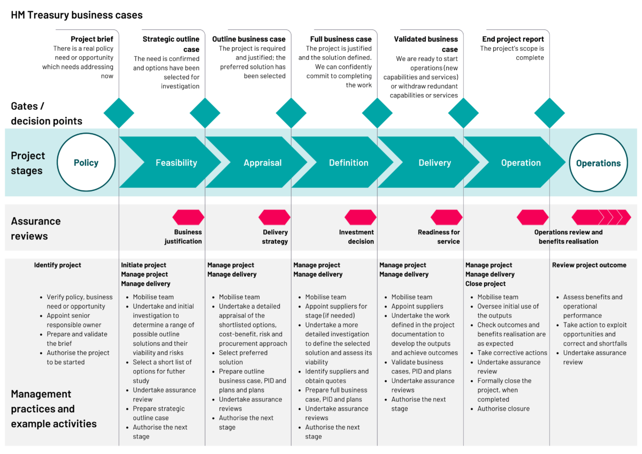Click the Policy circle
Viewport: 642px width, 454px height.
(86, 163)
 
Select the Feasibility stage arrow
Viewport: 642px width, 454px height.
(176, 163)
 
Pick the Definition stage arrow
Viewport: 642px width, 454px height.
(348, 163)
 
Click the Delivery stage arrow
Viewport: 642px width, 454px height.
(434, 163)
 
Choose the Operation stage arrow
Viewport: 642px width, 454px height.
(521, 163)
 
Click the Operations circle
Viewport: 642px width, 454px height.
(598, 163)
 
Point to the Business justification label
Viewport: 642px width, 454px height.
(184, 237)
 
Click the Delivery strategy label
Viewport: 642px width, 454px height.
(275, 237)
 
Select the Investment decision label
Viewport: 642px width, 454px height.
(356, 237)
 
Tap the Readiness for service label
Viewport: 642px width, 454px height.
(439, 237)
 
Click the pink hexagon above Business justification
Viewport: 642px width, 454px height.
(188, 217)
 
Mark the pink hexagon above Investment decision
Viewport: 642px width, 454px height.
(361, 217)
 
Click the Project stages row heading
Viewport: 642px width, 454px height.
(28, 163)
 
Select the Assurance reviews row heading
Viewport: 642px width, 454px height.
(36, 228)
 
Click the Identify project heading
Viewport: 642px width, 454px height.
(58, 265)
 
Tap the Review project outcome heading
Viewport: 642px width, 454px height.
(589, 265)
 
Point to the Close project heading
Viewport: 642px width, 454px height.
(485, 284)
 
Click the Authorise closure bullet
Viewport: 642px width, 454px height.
(503, 409)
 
